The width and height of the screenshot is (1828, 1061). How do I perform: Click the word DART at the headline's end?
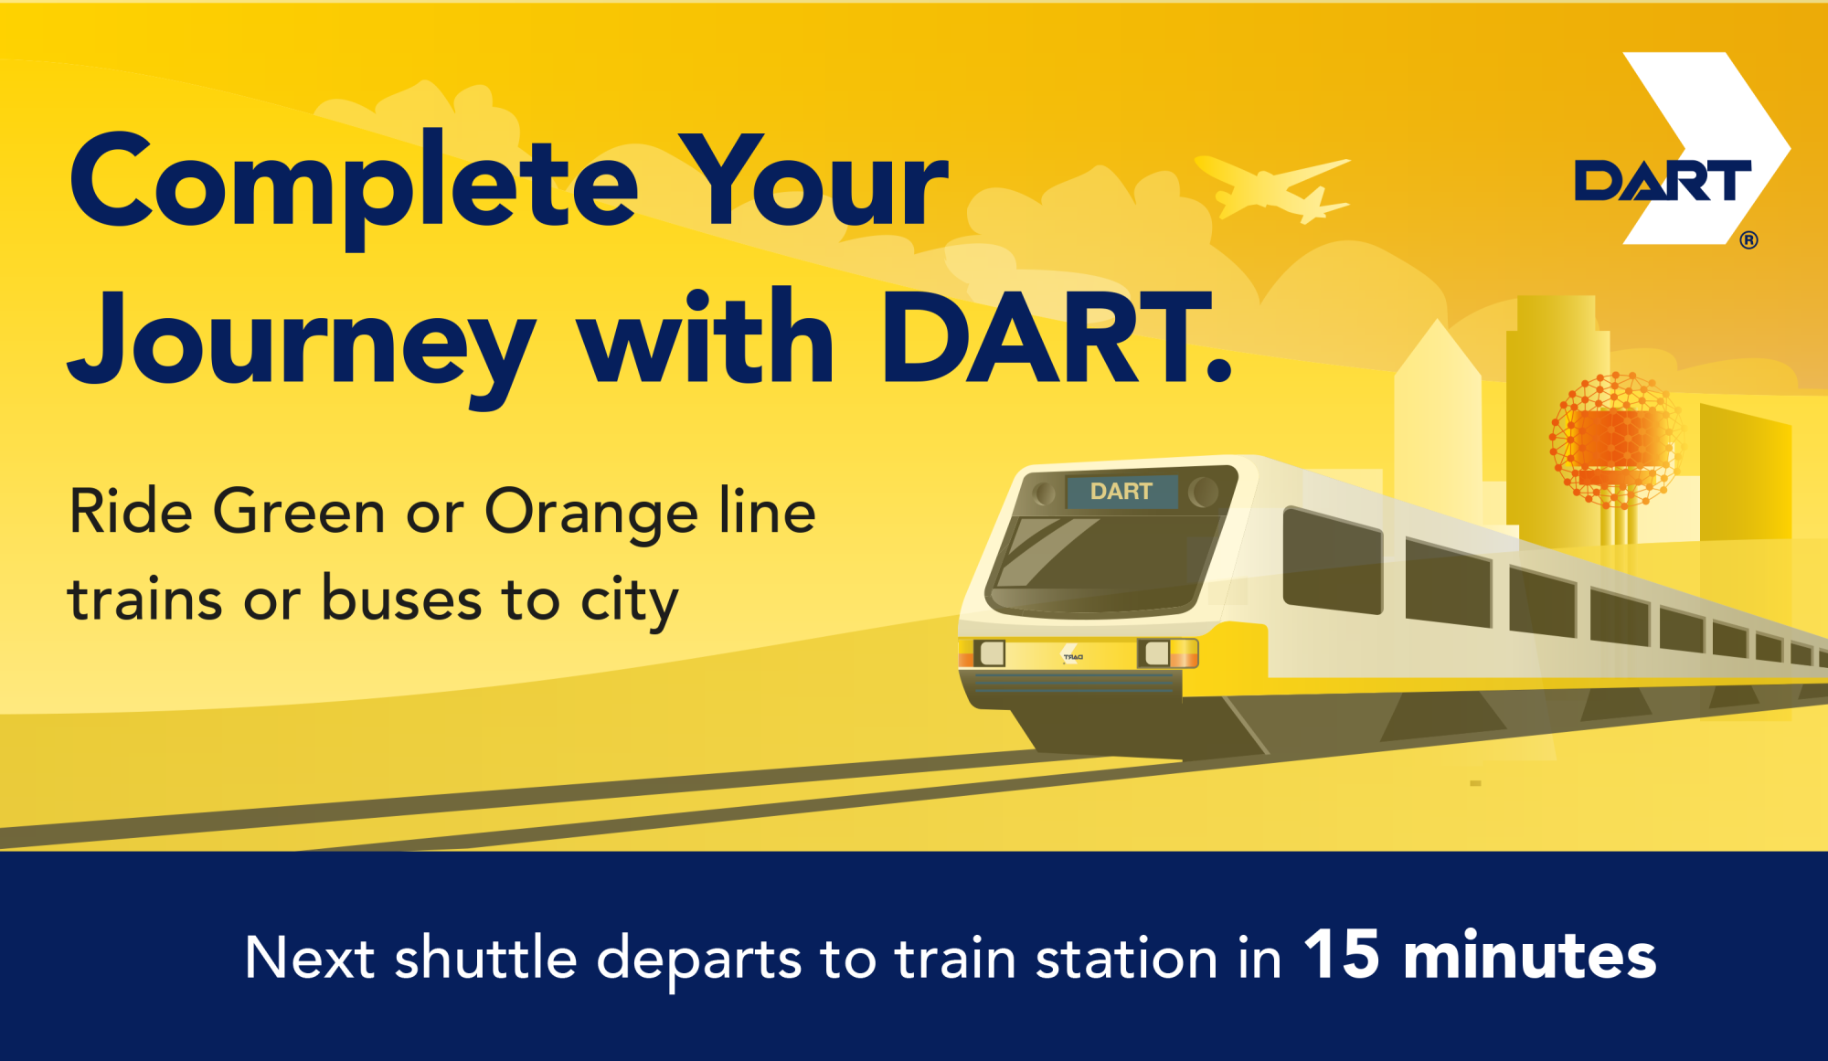1056,338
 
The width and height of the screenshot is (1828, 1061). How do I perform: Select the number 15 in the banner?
1342,954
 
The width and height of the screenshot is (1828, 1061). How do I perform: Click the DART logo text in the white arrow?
1663,180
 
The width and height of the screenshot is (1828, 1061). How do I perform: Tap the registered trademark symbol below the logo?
1748,240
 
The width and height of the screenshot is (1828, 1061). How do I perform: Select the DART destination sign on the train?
1121,492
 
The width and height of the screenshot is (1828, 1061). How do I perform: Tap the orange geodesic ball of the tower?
1615,439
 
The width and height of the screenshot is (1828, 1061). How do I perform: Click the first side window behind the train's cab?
1333,560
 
